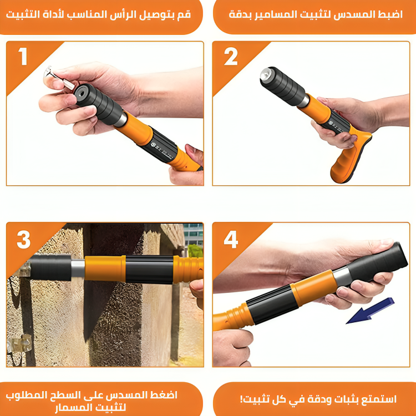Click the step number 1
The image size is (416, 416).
pyautogui.click(x=23, y=56)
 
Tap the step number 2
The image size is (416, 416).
pyautogui.click(x=231, y=56)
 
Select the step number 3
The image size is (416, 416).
pyautogui.click(x=24, y=240)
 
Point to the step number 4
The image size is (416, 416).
pyautogui.click(x=231, y=239)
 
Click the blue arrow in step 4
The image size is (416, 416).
pyautogui.click(x=370, y=311)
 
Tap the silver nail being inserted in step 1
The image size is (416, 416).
pyautogui.click(x=59, y=78)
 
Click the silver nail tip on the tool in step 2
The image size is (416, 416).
pyautogui.click(x=266, y=73)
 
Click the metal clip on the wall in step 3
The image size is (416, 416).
pyautogui.click(x=19, y=343)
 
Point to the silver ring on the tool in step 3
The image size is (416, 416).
pyautogui.click(x=78, y=268)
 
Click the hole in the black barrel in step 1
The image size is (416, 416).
pyautogui.click(x=82, y=93)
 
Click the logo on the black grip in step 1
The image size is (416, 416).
pyautogui.click(x=153, y=145)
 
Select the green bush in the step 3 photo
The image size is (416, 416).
pyautogui.click(x=195, y=251)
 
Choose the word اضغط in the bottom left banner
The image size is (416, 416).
pyautogui.click(x=164, y=395)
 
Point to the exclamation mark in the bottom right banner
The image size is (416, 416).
pyautogui.click(x=241, y=399)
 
